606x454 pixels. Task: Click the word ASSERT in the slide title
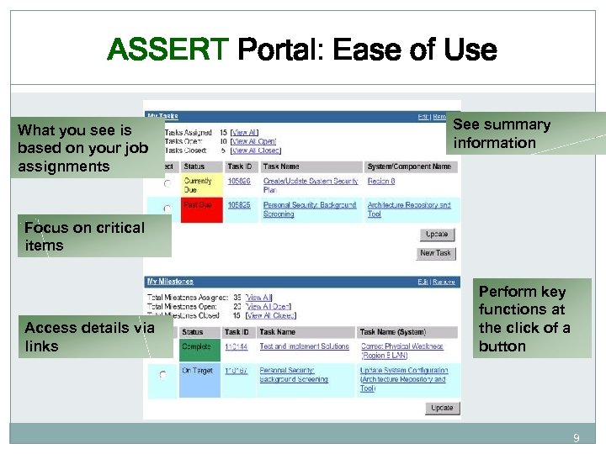[167, 50]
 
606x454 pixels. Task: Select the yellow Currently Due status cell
[199, 185]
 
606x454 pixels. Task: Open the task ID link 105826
[240, 181]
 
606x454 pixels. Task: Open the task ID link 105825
[240, 205]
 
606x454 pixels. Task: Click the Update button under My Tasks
[437, 235]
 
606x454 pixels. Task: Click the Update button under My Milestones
[442, 408]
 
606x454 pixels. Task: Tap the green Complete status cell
[199, 346]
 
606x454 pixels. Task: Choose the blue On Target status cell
[199, 371]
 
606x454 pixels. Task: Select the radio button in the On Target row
[162, 374]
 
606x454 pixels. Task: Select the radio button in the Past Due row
[167, 209]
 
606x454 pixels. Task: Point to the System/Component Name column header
[409, 166]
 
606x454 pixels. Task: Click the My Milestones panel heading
[170, 282]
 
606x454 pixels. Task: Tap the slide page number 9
[576, 438]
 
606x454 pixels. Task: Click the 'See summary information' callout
[502, 134]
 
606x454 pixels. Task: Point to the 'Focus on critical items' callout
[85, 236]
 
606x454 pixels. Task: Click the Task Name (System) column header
[391, 332]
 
